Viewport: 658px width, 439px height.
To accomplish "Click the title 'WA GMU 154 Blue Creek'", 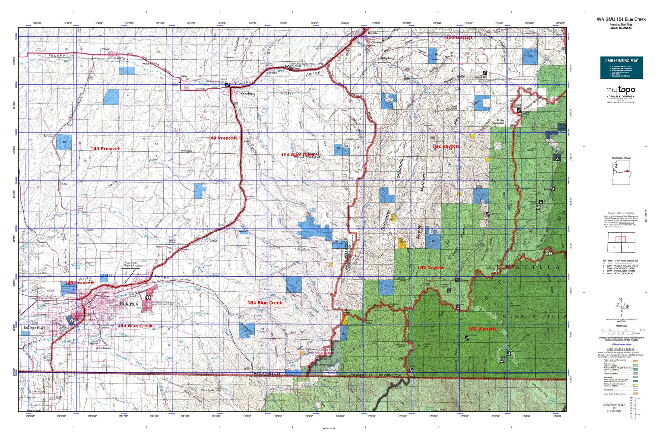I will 621,19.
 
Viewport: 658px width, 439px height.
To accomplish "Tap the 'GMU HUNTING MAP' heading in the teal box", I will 621,61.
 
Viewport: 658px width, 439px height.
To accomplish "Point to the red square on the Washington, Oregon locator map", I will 629,171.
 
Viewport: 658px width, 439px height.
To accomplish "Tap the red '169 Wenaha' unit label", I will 482,329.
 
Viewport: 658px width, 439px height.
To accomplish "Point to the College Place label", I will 35,328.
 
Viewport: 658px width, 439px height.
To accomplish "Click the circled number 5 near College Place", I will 72,321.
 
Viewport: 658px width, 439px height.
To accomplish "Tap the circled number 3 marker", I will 495,272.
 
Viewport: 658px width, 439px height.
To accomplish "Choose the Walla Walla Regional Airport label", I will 133,265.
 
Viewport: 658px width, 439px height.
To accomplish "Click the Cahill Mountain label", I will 451,108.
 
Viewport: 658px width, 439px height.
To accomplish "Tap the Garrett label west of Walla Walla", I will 42,315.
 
